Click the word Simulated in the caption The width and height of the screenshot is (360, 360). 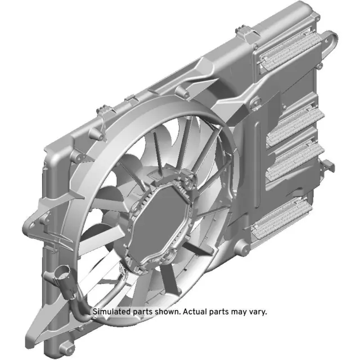click(x=111, y=311)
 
